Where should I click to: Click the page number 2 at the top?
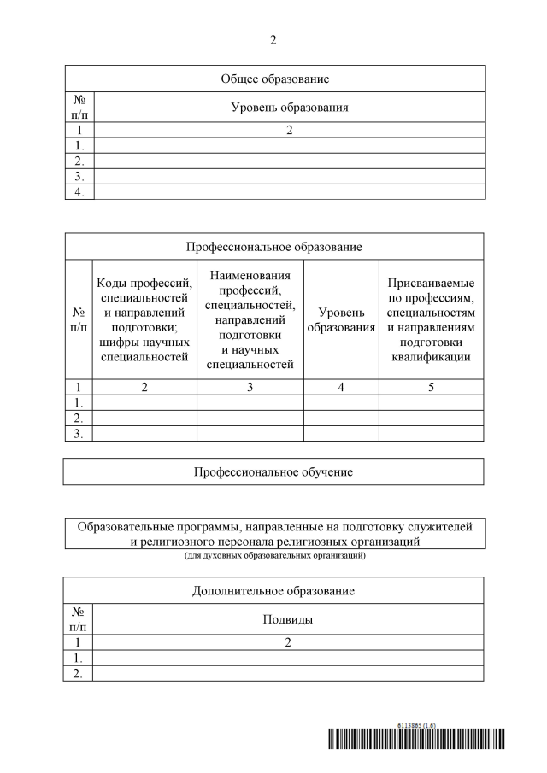[x=273, y=40]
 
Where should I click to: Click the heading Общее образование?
[x=274, y=79]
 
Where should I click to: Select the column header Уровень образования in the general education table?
[x=290, y=108]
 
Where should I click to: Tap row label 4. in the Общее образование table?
[x=79, y=191]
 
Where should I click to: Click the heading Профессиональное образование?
[x=273, y=247]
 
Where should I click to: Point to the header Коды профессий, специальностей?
[x=144, y=319]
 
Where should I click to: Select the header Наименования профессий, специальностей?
[x=250, y=319]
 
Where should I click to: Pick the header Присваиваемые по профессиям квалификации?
[x=431, y=319]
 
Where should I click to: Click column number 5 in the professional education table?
[x=431, y=387]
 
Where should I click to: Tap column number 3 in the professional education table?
[x=250, y=387]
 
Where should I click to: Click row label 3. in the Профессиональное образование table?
[x=79, y=433]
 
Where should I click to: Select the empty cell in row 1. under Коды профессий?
[x=144, y=402]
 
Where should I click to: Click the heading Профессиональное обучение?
[x=273, y=471]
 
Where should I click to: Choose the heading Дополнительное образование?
[x=273, y=591]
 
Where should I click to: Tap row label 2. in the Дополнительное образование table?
[x=79, y=673]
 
